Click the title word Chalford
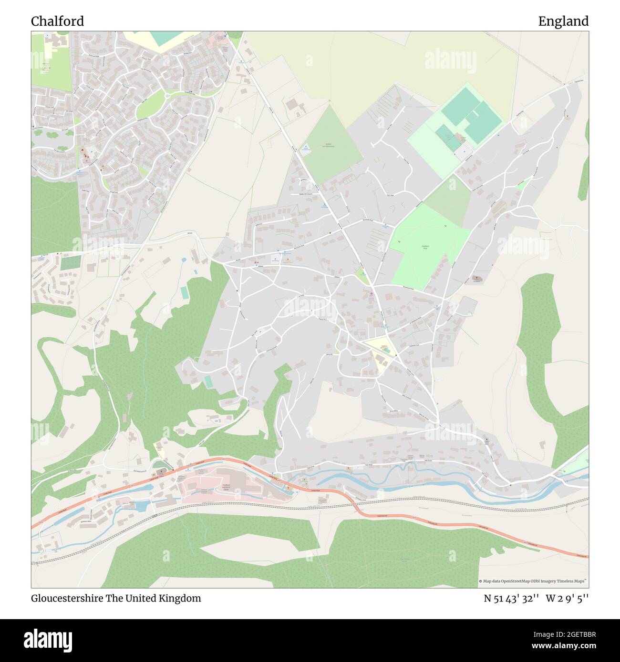pyautogui.click(x=57, y=21)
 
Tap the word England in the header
pyautogui.click(x=563, y=21)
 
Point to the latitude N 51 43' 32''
pyautogui.click(x=511, y=598)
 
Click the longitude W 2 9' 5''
pyautogui.click(x=568, y=598)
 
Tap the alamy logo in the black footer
pyautogui.click(x=49, y=640)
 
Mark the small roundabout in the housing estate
pyautogui.click(x=167, y=96)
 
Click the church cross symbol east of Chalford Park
pyautogui.click(x=475, y=277)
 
